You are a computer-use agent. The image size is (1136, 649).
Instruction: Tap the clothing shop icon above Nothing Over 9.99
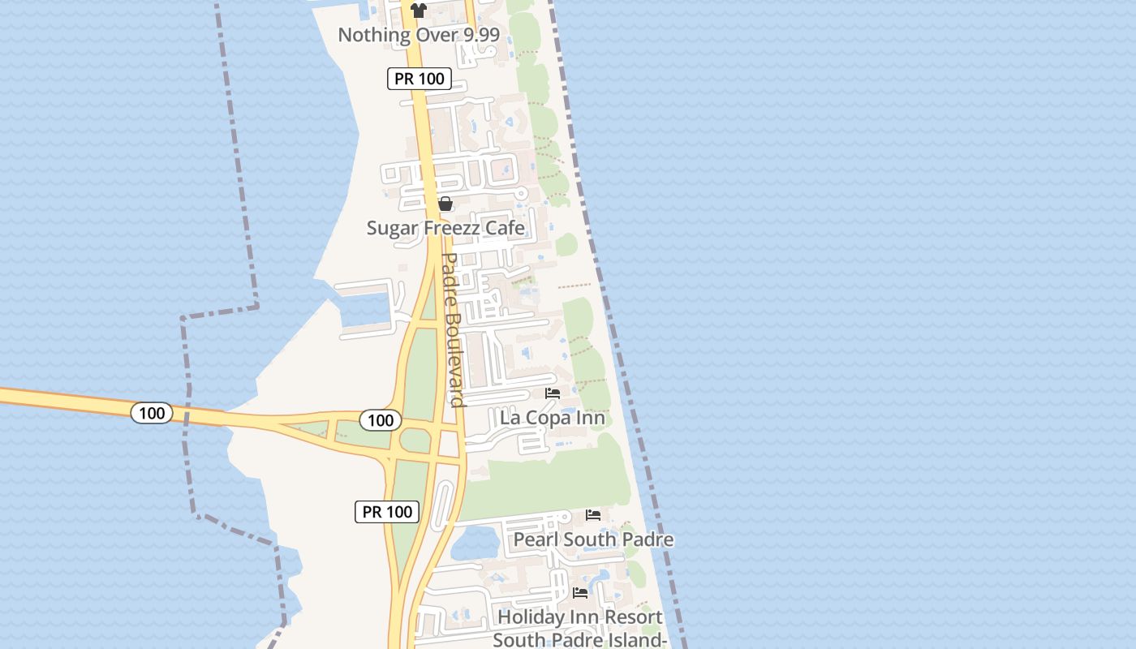[418, 11]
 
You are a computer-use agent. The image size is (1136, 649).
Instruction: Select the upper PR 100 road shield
[419, 79]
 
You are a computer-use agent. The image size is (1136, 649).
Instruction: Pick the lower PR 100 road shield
[387, 512]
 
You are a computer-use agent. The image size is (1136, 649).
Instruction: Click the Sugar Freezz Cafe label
[445, 228]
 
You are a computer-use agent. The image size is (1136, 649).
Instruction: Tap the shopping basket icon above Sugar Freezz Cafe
[445, 204]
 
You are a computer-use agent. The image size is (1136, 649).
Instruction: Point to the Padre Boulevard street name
[453, 329]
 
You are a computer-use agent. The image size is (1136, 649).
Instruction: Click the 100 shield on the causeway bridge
[152, 413]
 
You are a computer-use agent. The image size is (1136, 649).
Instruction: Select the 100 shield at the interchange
[380, 419]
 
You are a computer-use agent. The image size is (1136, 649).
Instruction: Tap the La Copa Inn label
[553, 419]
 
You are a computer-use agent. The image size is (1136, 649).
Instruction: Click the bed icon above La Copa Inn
[553, 393]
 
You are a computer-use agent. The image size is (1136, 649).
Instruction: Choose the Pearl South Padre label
[593, 539]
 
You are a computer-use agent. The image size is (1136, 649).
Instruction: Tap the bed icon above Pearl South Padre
[593, 515]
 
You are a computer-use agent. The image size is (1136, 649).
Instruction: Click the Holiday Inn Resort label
[580, 617]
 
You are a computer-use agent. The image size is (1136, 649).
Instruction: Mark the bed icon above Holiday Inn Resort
[580, 593]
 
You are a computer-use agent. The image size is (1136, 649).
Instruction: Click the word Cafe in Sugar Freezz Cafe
[505, 228]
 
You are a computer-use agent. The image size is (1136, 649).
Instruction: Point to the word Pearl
[536, 539]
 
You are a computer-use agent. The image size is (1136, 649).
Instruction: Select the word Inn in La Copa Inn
[590, 419]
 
